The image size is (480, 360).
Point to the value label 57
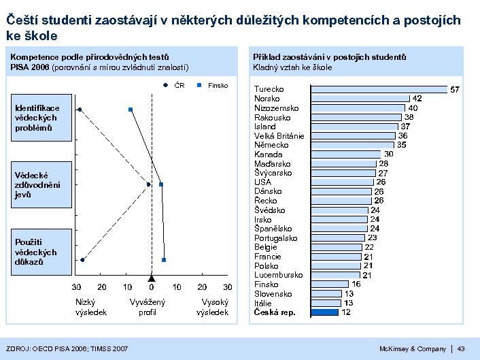coord(456,89)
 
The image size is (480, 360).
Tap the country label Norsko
coord(267,99)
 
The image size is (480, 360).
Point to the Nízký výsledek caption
coord(90,307)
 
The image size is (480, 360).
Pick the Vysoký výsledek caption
coord(212,307)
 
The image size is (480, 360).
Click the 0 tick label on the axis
coord(152,287)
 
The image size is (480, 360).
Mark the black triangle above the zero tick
coord(152,279)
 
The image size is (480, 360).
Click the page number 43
coord(461,349)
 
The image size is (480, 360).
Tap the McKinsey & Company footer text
coord(413,349)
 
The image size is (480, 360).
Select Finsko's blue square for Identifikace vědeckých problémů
coord(130,110)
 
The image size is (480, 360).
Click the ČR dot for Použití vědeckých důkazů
coord(82,260)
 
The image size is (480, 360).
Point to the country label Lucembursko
coord(278,275)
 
